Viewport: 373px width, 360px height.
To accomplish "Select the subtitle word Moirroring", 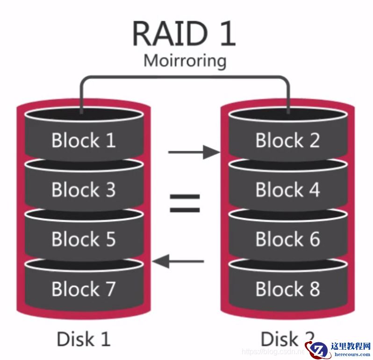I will (184, 61).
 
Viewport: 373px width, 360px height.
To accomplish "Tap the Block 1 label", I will (83, 141).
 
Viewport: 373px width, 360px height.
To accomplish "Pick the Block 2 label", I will (287, 141).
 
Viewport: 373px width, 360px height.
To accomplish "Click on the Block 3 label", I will (83, 190).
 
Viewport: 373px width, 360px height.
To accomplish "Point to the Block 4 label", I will (287, 190).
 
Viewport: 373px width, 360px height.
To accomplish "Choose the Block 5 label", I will (83, 240).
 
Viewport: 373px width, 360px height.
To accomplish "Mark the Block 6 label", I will (287, 240).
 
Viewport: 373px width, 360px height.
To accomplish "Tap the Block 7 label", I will (83, 289).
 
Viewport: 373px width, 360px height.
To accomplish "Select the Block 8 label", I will (287, 289).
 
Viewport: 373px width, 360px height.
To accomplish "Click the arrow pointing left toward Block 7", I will (179, 261).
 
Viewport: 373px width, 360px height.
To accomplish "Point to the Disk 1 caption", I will (83, 339).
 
